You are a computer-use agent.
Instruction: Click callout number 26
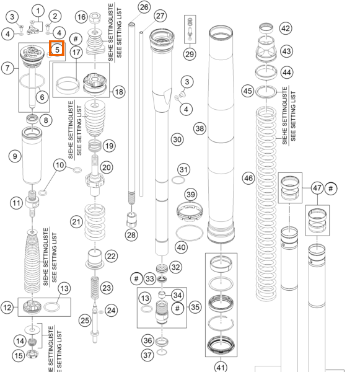(x=144, y=7)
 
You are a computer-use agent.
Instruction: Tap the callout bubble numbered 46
(x=248, y=178)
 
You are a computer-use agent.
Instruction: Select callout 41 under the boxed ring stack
(x=221, y=367)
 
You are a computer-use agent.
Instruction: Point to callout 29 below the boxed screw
(x=190, y=55)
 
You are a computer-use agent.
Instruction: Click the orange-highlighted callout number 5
(x=57, y=50)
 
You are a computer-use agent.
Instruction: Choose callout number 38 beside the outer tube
(x=200, y=128)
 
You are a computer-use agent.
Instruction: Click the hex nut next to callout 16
(x=95, y=17)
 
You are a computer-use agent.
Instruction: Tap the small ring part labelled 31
(x=178, y=180)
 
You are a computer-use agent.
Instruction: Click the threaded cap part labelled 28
(x=131, y=219)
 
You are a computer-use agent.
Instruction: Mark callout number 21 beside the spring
(x=76, y=222)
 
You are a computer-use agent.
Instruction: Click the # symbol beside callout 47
(x=331, y=188)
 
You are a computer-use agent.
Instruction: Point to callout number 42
(x=286, y=29)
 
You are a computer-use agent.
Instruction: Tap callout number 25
(x=85, y=321)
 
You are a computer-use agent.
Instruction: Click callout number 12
(x=7, y=308)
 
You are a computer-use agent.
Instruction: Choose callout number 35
(x=195, y=307)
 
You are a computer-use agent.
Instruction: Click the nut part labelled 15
(x=32, y=354)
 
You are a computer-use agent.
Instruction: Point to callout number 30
(x=177, y=139)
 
